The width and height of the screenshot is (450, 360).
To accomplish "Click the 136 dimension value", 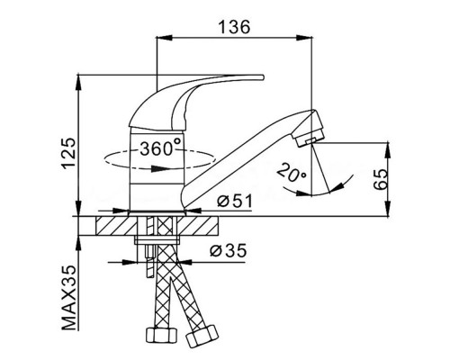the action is click(x=234, y=27).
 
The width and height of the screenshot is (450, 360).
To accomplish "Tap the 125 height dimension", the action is click(x=68, y=153).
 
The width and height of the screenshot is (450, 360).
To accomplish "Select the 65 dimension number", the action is click(x=381, y=179).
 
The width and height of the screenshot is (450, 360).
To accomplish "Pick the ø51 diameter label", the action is click(x=235, y=201).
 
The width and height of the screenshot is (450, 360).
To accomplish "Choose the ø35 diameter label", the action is click(x=229, y=250).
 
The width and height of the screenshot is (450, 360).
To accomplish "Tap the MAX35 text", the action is click(x=68, y=298).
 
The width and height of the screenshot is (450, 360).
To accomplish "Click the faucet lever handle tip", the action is click(x=262, y=77).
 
